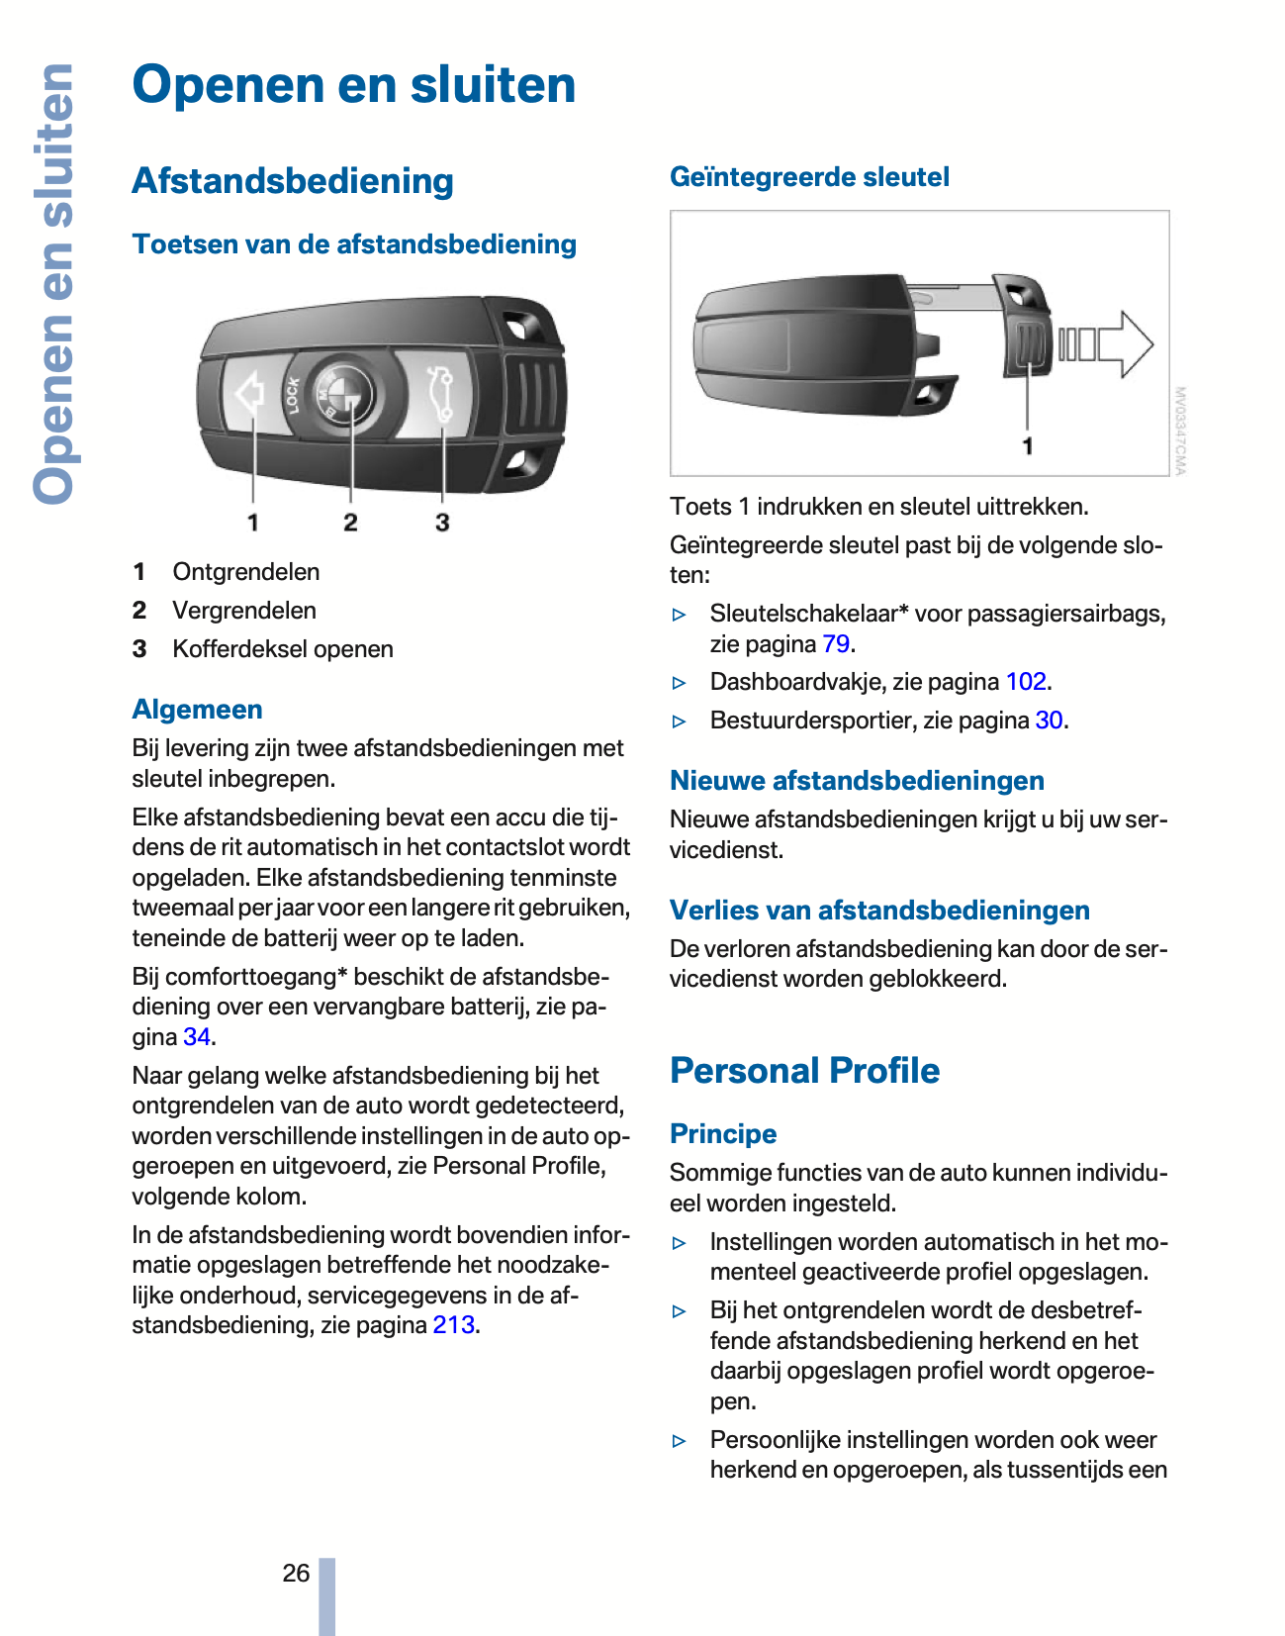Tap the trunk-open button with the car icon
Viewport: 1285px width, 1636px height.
(x=439, y=394)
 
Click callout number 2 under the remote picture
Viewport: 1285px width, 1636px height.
(x=350, y=523)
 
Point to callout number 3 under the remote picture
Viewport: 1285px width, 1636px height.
(x=442, y=523)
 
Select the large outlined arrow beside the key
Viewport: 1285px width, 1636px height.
(x=1106, y=344)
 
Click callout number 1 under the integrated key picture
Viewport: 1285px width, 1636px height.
(x=1028, y=446)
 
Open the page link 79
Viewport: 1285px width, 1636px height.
(x=836, y=644)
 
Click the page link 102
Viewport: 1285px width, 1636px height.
(x=1026, y=682)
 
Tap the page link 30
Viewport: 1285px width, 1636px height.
(x=1049, y=721)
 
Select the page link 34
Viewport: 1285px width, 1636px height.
(x=197, y=1037)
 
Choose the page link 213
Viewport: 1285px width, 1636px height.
(x=454, y=1325)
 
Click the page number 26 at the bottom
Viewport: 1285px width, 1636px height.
(x=296, y=1573)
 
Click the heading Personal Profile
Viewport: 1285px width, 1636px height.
(x=804, y=1071)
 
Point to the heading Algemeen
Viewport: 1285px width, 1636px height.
(x=198, y=710)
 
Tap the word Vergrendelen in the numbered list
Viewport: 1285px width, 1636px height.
(x=244, y=611)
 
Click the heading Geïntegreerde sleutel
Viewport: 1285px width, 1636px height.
(x=809, y=177)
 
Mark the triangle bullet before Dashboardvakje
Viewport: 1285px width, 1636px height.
(x=679, y=683)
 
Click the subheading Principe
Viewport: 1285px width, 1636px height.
(x=723, y=1134)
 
